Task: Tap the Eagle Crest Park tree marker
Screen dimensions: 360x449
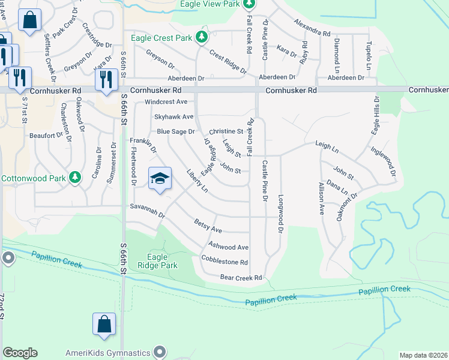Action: pos(202,38)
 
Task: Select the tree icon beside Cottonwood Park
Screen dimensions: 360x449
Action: pos(74,178)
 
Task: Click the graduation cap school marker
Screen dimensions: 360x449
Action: pos(159,179)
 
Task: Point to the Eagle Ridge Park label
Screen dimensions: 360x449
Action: pos(157,261)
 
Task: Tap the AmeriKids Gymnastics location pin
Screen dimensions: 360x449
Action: pos(159,352)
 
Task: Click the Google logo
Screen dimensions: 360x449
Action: pos(20,353)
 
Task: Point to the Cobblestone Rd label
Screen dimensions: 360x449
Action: pos(224,262)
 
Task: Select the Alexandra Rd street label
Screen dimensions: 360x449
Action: pos(312,27)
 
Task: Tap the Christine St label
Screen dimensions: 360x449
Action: pos(226,131)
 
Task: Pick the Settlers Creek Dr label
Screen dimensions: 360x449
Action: pos(50,57)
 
